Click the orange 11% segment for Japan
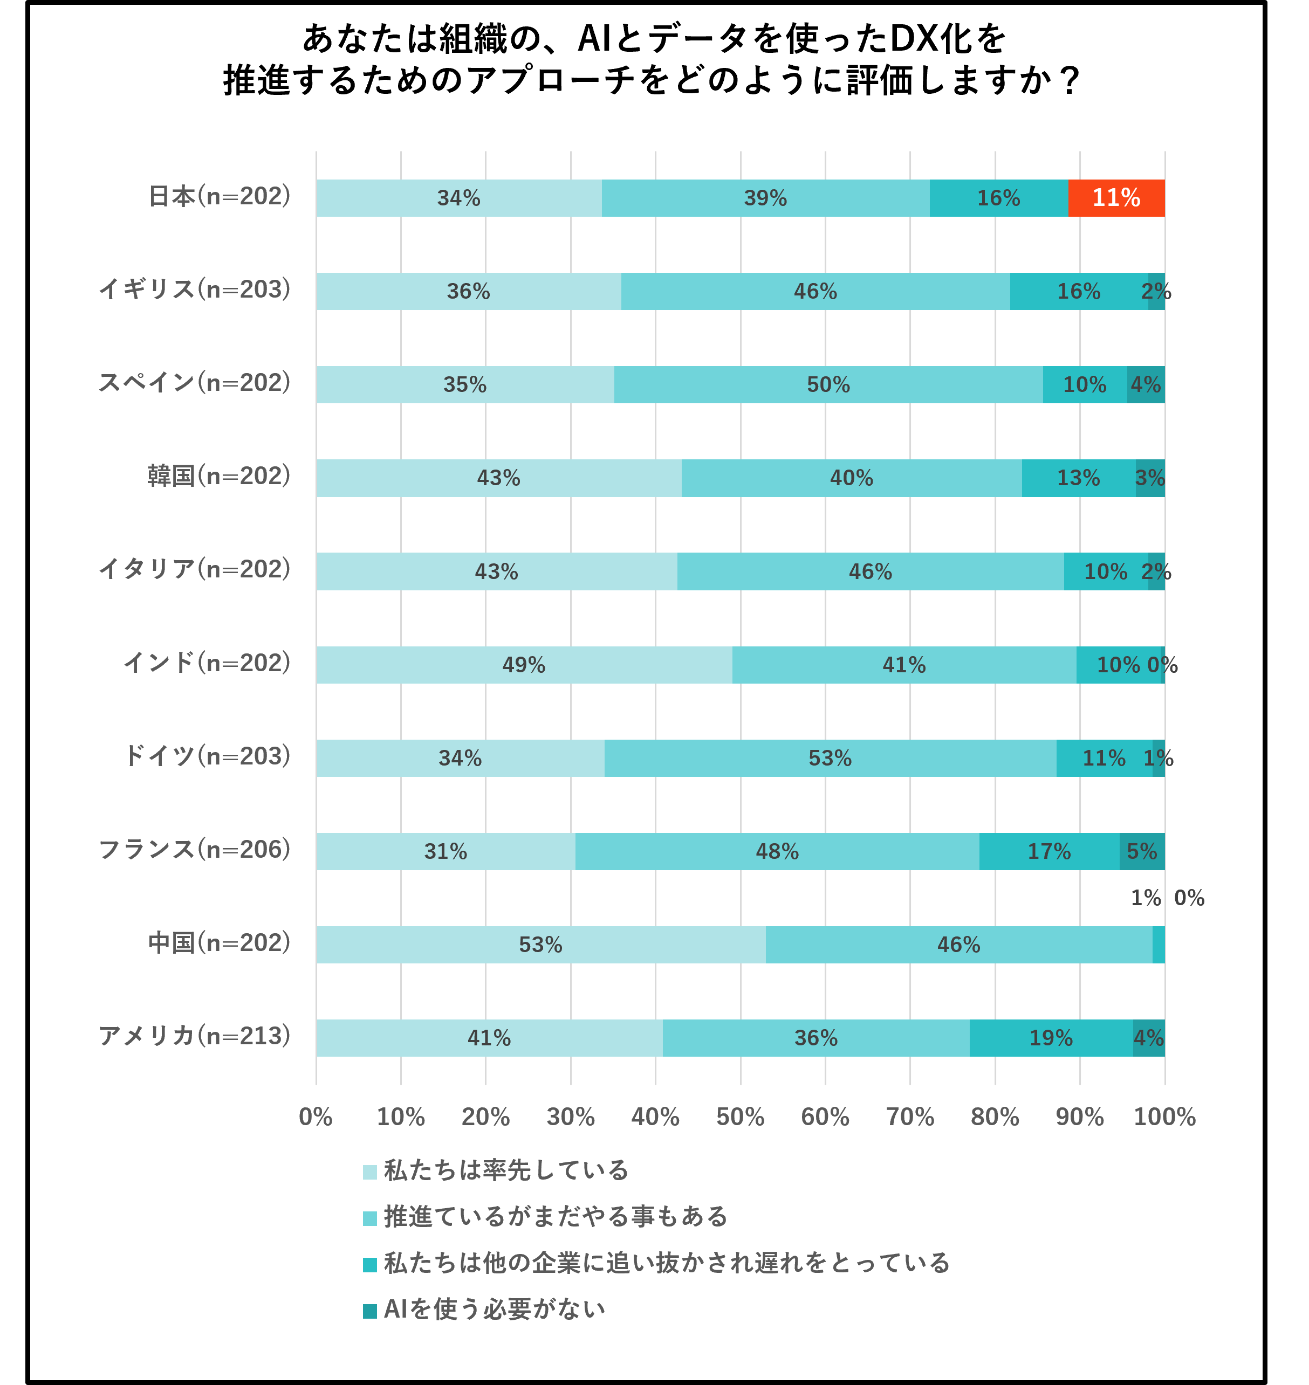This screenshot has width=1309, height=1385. (1116, 198)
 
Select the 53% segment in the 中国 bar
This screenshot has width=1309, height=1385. (541, 945)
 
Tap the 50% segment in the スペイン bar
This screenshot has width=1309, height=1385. (828, 385)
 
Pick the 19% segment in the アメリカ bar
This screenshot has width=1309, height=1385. (1051, 1038)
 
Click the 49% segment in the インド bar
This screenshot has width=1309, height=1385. (524, 665)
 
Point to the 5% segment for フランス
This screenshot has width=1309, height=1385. (1142, 851)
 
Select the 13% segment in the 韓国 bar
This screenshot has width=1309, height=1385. (1078, 478)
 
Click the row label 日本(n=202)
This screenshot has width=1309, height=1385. (219, 197)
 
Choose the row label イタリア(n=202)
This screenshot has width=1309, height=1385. (195, 570)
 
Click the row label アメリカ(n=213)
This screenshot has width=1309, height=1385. (195, 1036)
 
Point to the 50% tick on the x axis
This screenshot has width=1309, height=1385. (741, 1117)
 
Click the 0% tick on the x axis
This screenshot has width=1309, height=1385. (316, 1117)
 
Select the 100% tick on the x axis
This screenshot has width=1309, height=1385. (1164, 1117)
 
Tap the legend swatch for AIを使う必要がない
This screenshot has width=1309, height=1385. (370, 1311)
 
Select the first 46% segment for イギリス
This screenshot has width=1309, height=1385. (815, 292)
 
